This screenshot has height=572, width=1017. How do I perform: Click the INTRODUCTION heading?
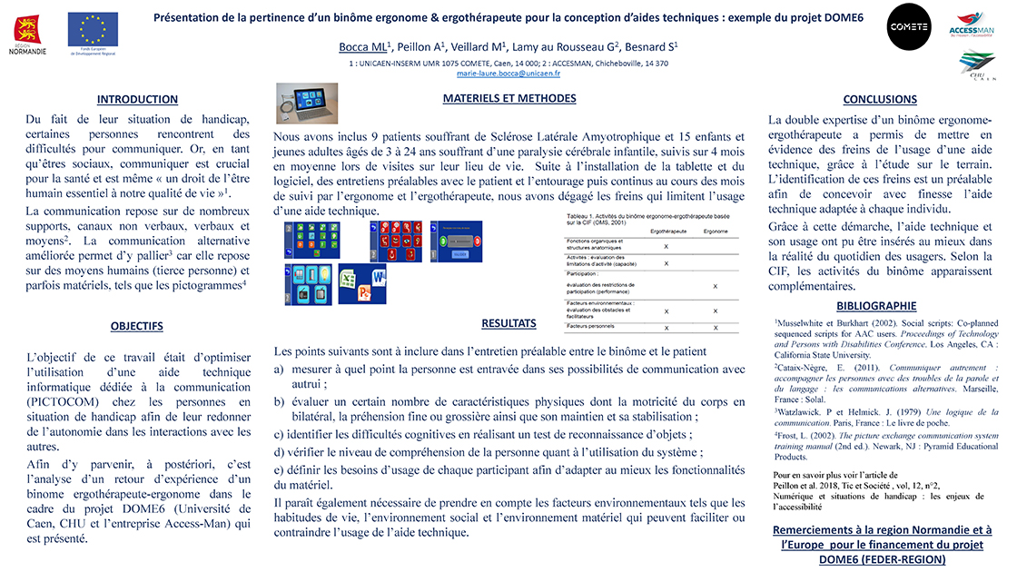pyautogui.click(x=138, y=100)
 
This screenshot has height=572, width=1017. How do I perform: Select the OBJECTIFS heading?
pyautogui.click(x=137, y=325)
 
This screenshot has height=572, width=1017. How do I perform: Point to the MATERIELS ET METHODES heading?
pyautogui.click(x=508, y=98)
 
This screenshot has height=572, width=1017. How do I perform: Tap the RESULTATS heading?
pyautogui.click(x=508, y=323)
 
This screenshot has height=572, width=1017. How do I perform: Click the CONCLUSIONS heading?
pyautogui.click(x=880, y=100)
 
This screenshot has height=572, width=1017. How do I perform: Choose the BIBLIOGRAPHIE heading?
pyautogui.click(x=876, y=306)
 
